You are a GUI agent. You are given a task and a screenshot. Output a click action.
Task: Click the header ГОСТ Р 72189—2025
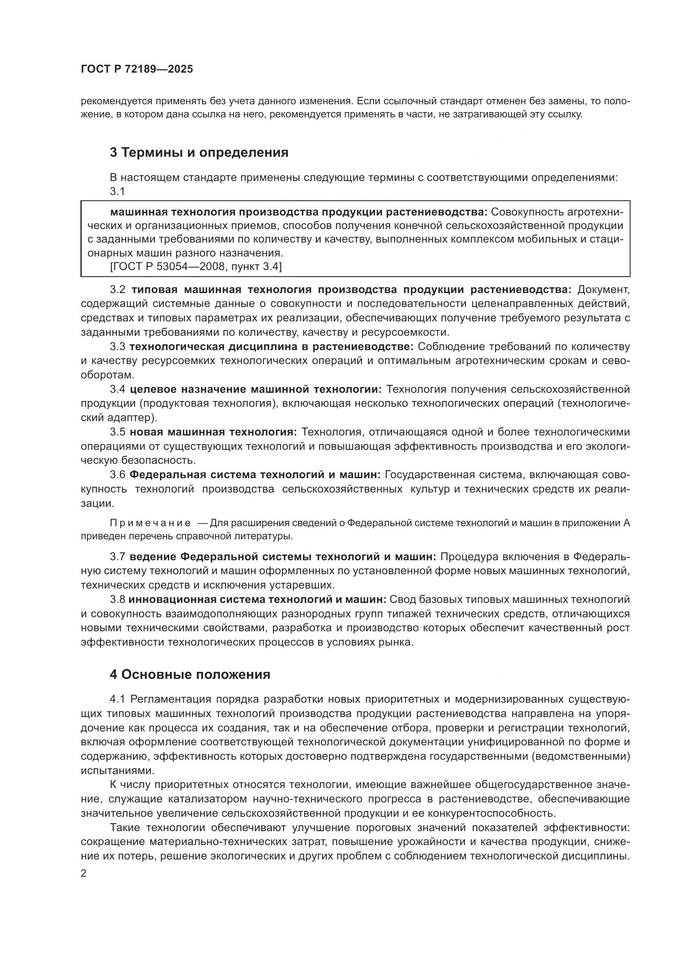(137, 69)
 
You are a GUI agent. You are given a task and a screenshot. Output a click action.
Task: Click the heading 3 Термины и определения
(199, 153)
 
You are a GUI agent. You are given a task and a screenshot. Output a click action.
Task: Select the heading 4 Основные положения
(190, 674)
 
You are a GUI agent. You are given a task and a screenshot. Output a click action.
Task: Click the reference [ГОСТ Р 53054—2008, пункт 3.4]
(196, 267)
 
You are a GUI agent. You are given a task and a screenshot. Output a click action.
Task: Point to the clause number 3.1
(117, 192)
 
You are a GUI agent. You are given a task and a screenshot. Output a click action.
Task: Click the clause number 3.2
(117, 289)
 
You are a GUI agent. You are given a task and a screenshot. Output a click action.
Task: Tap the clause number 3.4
(117, 389)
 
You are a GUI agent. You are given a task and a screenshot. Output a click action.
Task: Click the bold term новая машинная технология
(213, 432)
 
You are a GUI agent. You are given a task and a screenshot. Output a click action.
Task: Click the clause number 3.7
(117, 557)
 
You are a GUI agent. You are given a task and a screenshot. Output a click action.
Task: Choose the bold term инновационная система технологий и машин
(257, 600)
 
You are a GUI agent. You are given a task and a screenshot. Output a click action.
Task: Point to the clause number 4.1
(117, 699)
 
